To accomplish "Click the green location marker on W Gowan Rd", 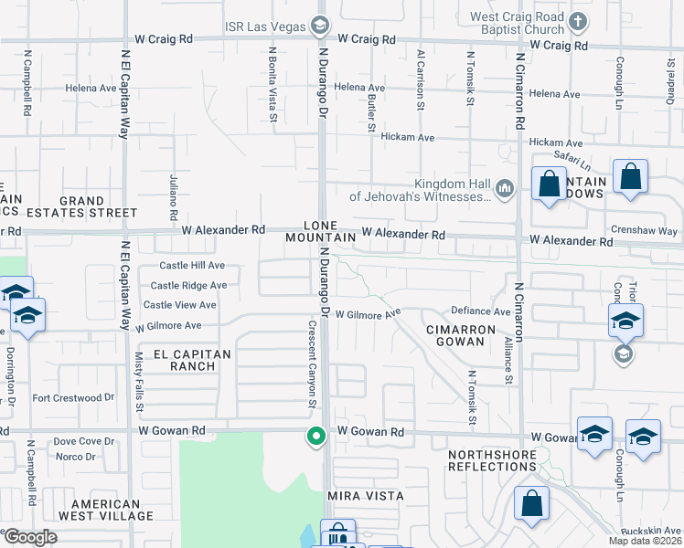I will click(x=316, y=437).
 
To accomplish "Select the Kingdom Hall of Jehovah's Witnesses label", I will click(x=421, y=189).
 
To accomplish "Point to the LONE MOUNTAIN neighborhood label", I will click(x=319, y=231).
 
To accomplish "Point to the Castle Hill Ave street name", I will click(x=192, y=266).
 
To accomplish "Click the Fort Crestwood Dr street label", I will click(x=73, y=397).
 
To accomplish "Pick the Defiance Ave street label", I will click(x=476, y=311).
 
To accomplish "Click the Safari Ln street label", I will click(x=572, y=161).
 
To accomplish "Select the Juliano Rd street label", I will click(x=173, y=200).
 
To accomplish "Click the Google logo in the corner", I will click(x=31, y=537).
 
